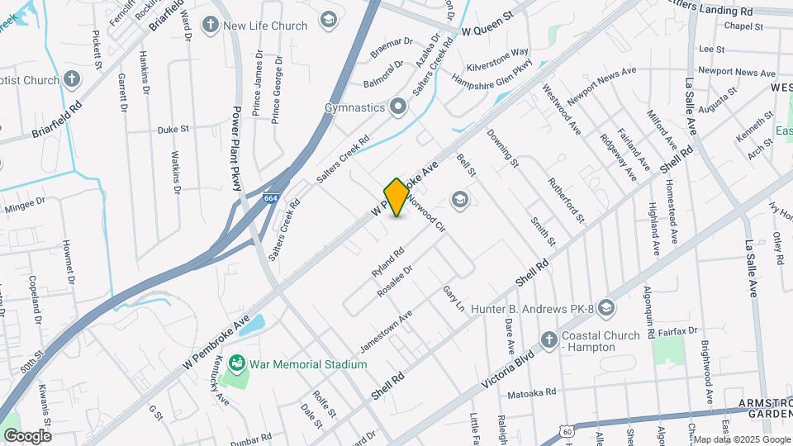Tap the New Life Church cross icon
point(211,25)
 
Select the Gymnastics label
point(355,107)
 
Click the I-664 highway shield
point(271,198)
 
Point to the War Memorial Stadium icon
point(237,363)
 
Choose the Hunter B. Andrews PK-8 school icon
point(607,308)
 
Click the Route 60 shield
point(566,431)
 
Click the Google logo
point(27,436)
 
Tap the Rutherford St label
point(566,200)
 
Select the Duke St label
point(173,130)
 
